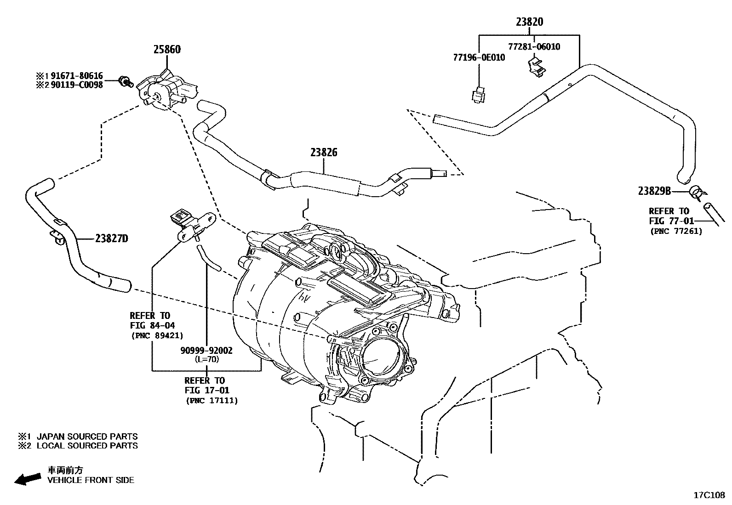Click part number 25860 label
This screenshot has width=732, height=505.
click(x=167, y=50)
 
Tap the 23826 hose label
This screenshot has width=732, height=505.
click(x=324, y=153)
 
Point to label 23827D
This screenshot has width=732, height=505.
click(x=112, y=238)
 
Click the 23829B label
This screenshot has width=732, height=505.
click(x=655, y=191)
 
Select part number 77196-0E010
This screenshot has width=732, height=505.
click(x=479, y=57)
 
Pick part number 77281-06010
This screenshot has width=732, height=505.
click(x=534, y=46)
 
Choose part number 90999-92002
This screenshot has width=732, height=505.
click(x=206, y=351)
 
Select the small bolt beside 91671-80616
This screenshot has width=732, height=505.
click(x=125, y=83)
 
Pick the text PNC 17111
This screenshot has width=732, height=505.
click(x=212, y=401)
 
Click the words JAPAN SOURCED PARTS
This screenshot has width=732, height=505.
click(x=87, y=437)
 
